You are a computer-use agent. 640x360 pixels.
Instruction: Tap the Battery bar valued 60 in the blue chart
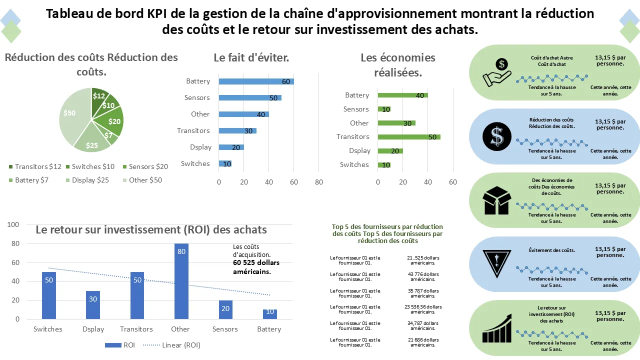point(256,81)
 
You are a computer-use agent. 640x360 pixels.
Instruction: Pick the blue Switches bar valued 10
point(225,163)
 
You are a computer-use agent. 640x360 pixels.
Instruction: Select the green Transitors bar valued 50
point(409,136)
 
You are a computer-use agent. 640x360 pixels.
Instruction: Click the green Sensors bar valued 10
point(384,109)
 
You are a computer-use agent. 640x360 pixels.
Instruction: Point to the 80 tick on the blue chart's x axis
point(319,182)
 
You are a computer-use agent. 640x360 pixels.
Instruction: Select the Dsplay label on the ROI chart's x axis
point(92,329)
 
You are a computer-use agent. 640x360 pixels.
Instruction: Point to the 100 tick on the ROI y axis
point(13,225)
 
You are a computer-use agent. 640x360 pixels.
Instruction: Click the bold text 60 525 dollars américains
point(256,267)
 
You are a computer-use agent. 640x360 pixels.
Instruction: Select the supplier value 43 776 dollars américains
point(423,276)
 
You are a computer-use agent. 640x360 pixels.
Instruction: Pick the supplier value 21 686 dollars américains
point(423,342)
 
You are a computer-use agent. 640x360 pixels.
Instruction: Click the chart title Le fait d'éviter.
point(251,57)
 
